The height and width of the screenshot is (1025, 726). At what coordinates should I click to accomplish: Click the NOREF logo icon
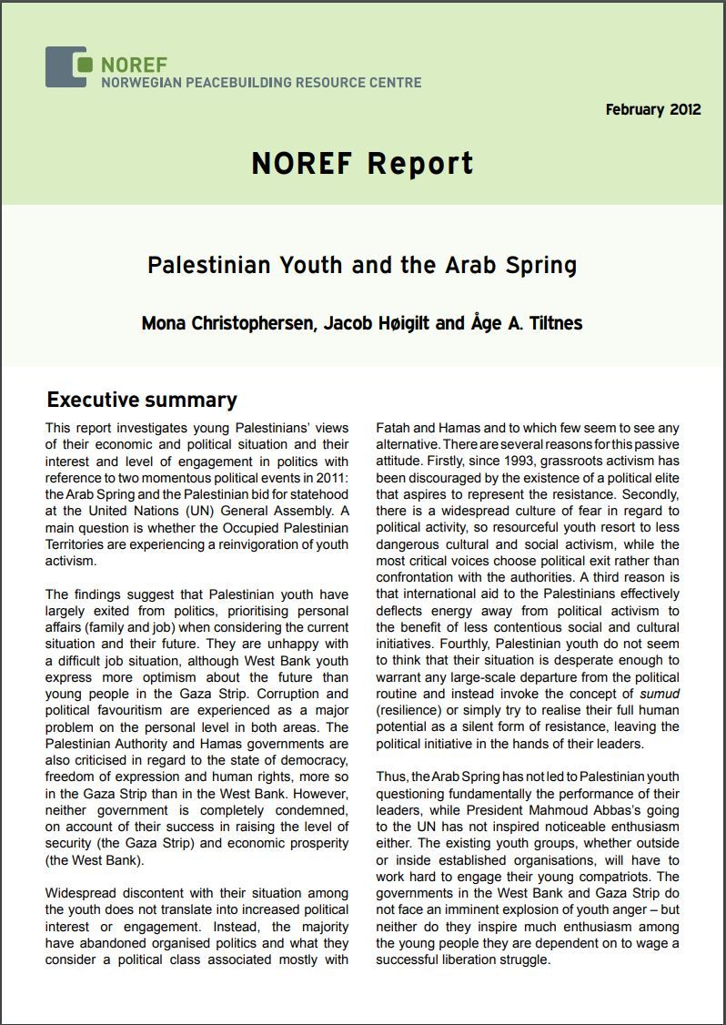click(66, 66)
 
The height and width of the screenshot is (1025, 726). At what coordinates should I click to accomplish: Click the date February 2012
click(652, 109)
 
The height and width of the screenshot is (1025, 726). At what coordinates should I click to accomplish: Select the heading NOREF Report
click(363, 164)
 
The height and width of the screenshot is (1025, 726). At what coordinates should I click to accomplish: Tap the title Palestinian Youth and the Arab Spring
click(362, 265)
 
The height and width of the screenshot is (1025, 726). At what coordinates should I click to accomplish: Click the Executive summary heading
click(141, 400)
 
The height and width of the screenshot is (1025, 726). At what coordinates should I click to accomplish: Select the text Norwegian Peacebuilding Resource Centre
click(261, 83)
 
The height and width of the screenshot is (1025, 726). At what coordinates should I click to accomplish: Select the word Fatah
click(395, 427)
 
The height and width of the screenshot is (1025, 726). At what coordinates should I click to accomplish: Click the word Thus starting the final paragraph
click(393, 776)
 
